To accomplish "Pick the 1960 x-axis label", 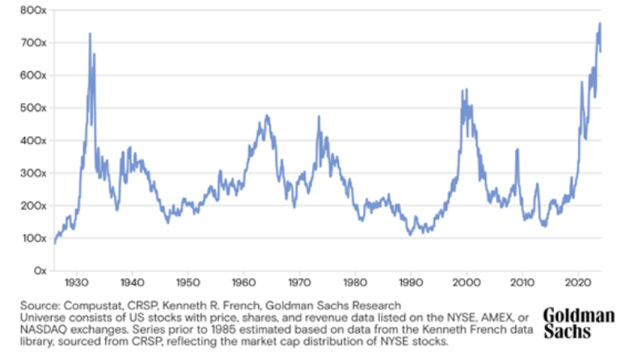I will [x=243, y=285].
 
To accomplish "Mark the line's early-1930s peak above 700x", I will [x=90, y=34].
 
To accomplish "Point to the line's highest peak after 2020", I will [x=600, y=23].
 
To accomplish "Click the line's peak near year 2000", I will [x=462, y=91].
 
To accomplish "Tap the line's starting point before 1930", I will [x=54, y=243].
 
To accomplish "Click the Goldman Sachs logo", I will [x=579, y=323].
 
